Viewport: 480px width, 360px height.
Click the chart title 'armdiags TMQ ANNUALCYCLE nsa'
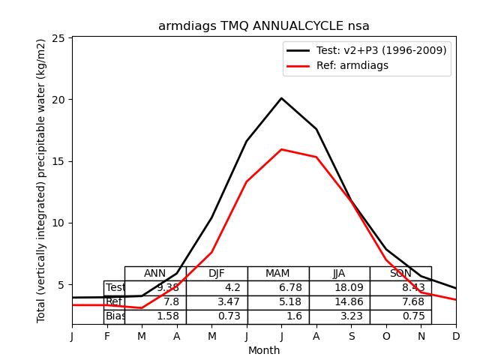click(263, 26)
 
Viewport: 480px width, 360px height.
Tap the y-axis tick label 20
click(61, 100)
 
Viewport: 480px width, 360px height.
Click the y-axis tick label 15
click(61, 161)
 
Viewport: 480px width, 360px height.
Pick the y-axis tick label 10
click(61, 223)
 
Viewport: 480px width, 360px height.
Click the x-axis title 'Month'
click(263, 350)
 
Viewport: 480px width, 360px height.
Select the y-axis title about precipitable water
click(42, 181)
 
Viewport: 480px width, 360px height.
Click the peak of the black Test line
click(281, 98)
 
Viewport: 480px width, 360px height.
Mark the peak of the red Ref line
click(281, 149)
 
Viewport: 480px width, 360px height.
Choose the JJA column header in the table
click(339, 274)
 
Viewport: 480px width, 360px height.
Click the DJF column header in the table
click(217, 274)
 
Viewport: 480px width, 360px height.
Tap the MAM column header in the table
click(277, 274)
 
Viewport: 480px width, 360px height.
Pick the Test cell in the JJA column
click(339, 288)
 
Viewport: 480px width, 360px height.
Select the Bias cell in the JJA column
click(339, 316)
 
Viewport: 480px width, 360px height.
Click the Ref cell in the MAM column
click(277, 302)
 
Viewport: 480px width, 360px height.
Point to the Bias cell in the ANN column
click(155, 316)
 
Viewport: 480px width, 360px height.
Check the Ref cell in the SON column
click(400, 302)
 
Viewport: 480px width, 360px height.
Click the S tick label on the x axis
click(351, 337)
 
